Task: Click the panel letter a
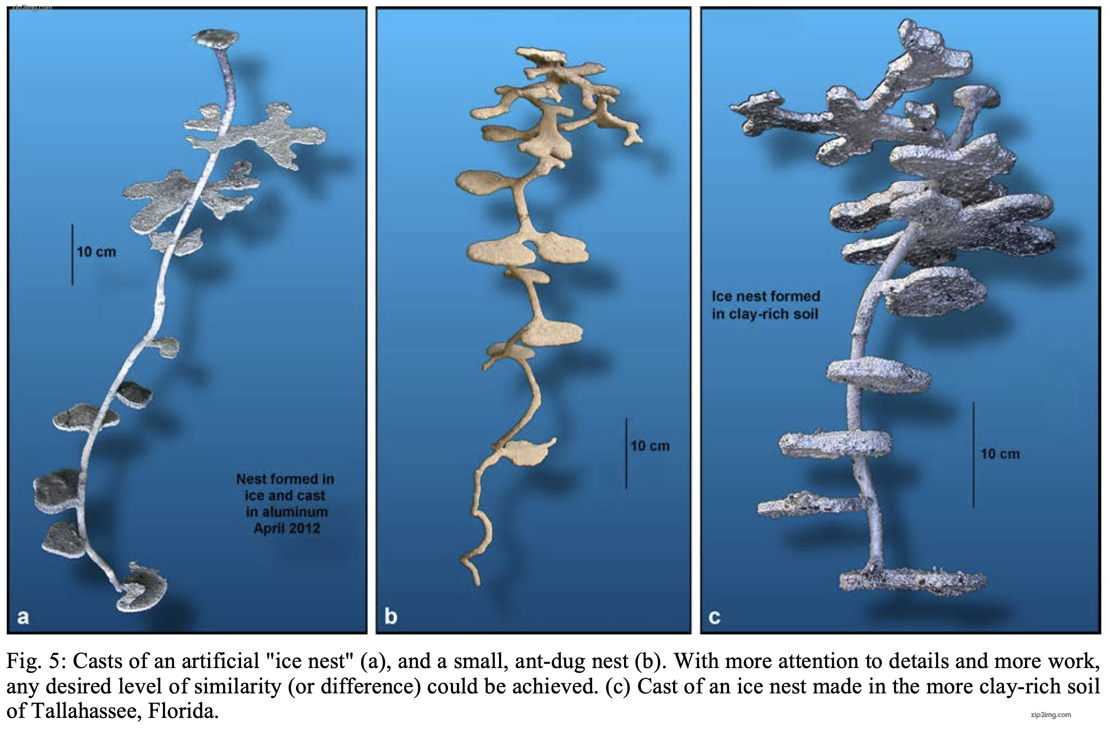(x=23, y=617)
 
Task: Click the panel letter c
(x=715, y=617)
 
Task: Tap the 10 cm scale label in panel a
(x=96, y=252)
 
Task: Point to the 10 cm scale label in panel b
(x=650, y=446)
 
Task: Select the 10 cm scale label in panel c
(x=1000, y=454)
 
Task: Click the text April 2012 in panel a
(x=287, y=529)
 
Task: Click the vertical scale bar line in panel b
(x=626, y=454)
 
